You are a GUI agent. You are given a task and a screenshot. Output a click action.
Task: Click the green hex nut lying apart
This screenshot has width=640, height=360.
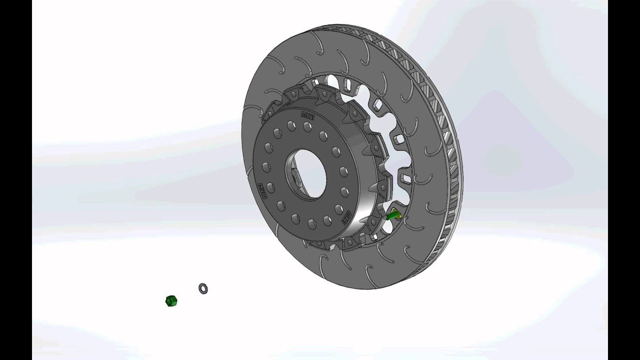pyautogui.click(x=171, y=301)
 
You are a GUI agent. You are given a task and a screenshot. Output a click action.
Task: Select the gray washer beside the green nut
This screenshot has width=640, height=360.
pyautogui.click(x=203, y=288)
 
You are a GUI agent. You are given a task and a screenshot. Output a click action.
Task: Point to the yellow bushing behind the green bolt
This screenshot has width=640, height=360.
pyautogui.click(x=398, y=214)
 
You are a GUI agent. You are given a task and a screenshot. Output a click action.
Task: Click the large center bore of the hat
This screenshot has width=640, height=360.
pyautogui.click(x=306, y=175)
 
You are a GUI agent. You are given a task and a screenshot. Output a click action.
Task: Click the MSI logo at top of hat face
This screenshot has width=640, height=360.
pyautogui.click(x=307, y=115)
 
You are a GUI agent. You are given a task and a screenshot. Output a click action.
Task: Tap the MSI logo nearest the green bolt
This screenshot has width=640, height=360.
pyautogui.click(x=345, y=216)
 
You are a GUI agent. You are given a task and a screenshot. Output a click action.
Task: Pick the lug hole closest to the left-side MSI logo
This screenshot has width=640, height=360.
pyautogui.click(x=270, y=187)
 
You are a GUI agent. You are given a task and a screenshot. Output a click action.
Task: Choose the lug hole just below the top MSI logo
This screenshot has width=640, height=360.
pyautogui.click(x=307, y=127)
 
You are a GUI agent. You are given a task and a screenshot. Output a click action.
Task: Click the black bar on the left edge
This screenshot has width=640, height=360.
pyautogui.click(x=16, y=180)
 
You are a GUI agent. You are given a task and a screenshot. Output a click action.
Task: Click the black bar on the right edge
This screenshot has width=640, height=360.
pyautogui.click(x=623, y=180)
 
